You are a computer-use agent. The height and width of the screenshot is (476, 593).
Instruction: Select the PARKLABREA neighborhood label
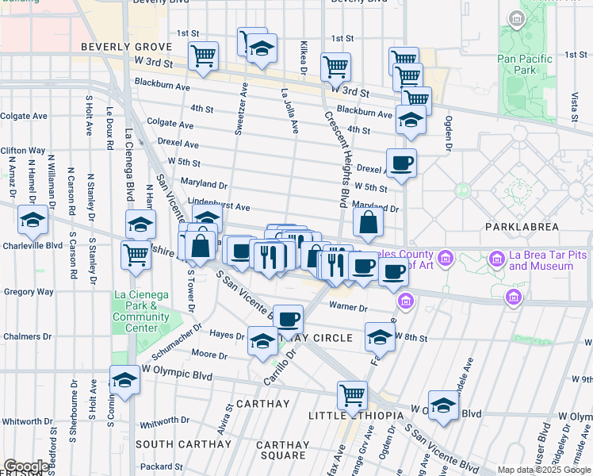522,227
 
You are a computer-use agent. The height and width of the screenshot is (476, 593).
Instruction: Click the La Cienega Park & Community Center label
141,311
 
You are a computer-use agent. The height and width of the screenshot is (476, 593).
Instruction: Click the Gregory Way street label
28,292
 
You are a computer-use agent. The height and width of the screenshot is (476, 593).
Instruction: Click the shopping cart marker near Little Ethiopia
352,395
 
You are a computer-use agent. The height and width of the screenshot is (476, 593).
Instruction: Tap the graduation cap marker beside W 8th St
381,336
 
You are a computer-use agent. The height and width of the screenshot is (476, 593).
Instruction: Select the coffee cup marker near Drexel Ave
401,163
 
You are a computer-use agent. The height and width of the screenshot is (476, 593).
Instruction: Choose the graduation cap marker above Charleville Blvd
33,220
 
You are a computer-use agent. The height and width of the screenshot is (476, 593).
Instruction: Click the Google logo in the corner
26,466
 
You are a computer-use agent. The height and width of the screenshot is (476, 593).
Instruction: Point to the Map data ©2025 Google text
543,470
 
